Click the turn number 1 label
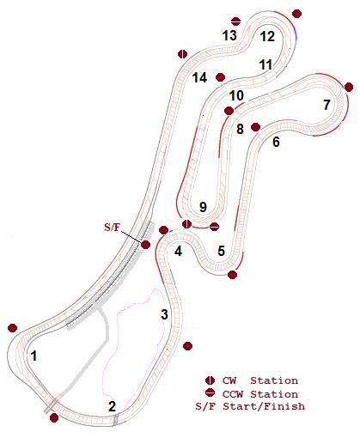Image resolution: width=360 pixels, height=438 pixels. [34, 356]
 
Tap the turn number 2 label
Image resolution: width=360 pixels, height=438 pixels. [113, 406]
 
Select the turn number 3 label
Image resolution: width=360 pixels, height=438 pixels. [164, 314]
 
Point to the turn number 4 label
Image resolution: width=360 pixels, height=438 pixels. [179, 252]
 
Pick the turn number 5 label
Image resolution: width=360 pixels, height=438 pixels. [222, 251]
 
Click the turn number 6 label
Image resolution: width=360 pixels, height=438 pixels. [276, 142]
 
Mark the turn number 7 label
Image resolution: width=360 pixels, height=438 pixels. [326, 105]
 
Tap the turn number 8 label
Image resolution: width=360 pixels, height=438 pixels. [240, 129]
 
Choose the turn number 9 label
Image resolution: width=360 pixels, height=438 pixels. [203, 207]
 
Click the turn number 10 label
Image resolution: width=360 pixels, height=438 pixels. [236, 95]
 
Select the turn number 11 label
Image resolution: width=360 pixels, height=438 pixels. [265, 65]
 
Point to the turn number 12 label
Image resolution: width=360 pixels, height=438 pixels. [267, 36]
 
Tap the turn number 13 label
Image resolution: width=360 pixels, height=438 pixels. [229, 35]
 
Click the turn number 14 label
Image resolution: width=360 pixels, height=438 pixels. [199, 77]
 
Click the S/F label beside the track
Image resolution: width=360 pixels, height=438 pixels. [112, 228]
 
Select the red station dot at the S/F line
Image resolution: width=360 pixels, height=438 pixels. [145, 245]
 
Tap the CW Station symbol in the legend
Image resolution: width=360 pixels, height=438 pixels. [211, 380]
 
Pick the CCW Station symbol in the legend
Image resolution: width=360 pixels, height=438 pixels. [211, 392]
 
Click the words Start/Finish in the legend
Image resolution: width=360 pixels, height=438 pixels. [264, 406]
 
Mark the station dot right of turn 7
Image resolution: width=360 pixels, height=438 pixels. [349, 87]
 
